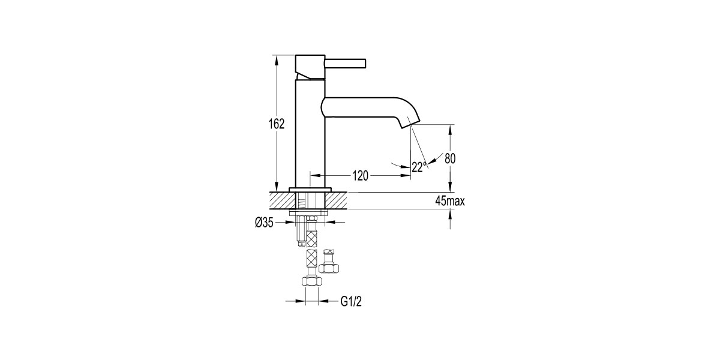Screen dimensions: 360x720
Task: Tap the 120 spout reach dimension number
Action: tap(360, 176)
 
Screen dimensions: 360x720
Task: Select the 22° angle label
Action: tap(419, 167)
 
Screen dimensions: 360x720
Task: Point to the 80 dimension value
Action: tap(450, 159)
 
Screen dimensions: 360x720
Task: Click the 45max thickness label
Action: tap(450, 202)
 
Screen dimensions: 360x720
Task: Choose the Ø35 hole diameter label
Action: tap(264, 223)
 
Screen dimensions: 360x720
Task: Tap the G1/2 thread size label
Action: tap(352, 303)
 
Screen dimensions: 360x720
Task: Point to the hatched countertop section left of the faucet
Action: tap(280, 200)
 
